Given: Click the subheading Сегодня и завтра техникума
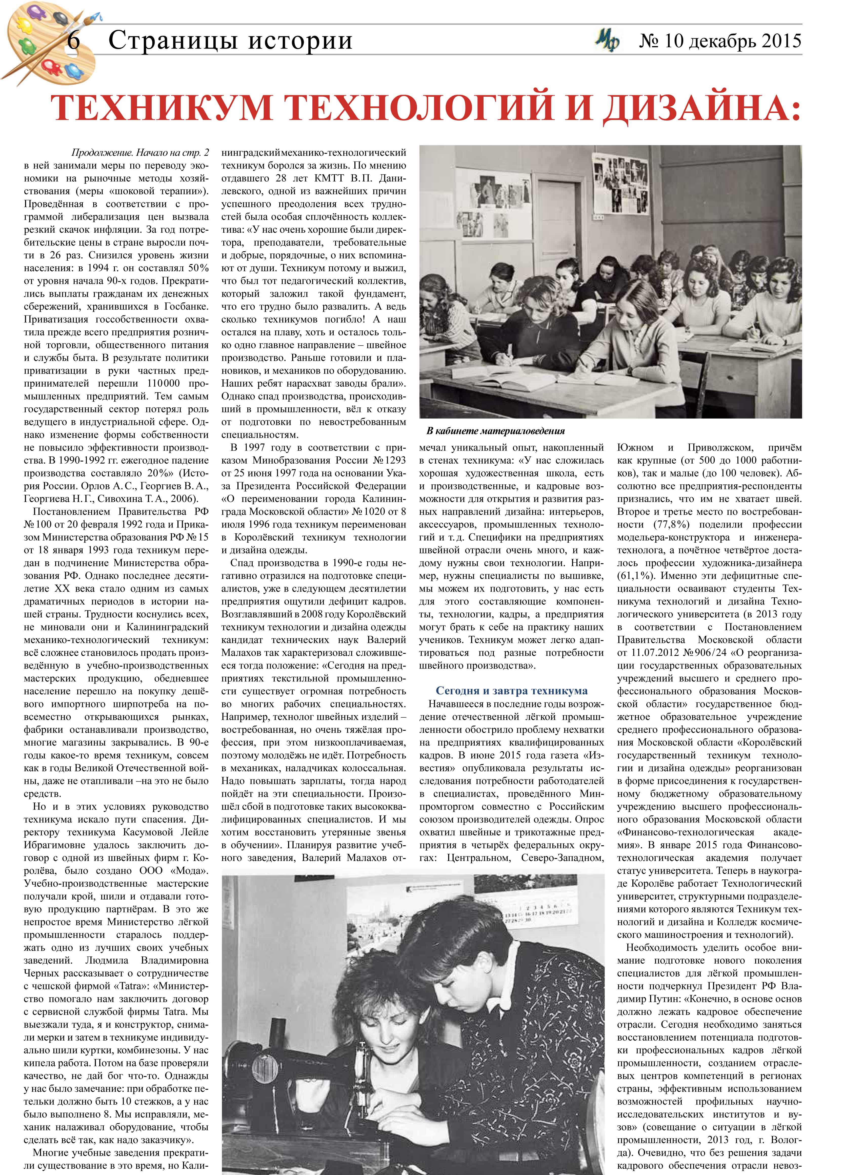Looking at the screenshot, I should [x=511, y=691].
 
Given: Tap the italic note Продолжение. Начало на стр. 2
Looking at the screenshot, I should [x=140, y=153].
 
